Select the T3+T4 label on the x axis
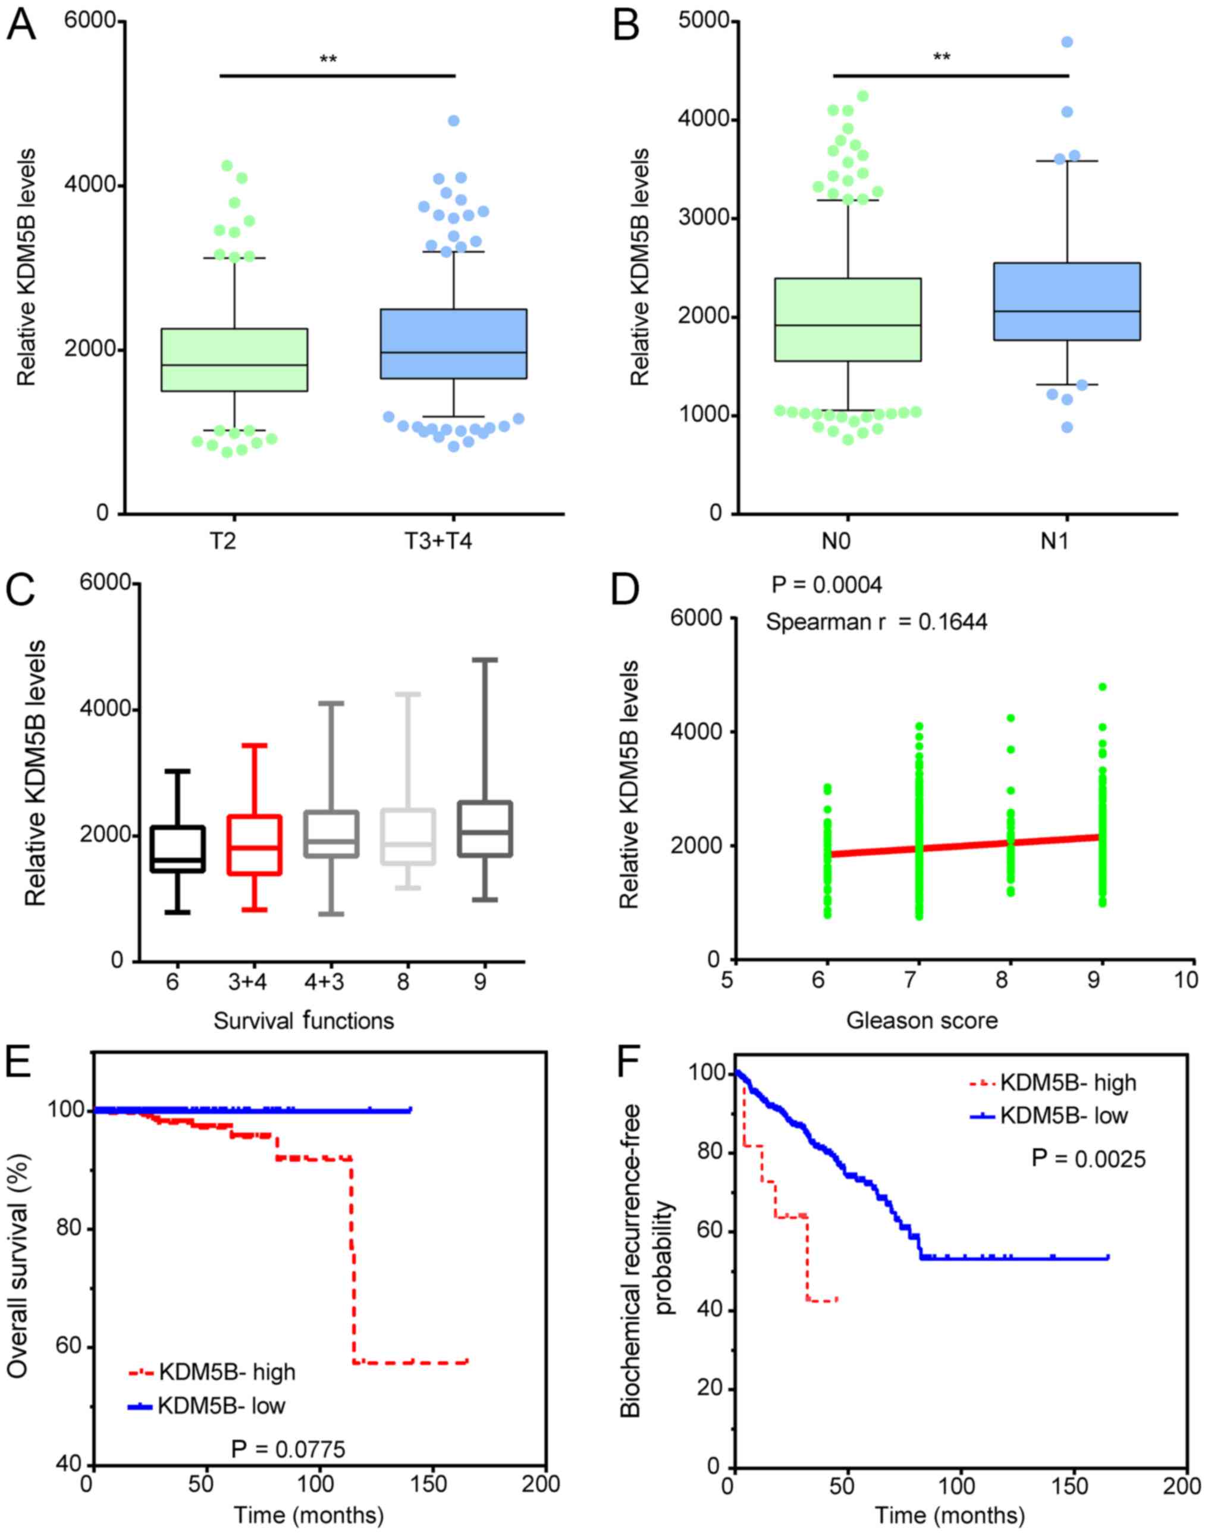tap(438, 541)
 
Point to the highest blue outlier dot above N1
tap(1067, 42)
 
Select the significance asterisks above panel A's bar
tap(328, 59)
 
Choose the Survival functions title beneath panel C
tap(303, 1021)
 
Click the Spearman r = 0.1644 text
tap(877, 622)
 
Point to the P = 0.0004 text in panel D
tap(827, 585)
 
